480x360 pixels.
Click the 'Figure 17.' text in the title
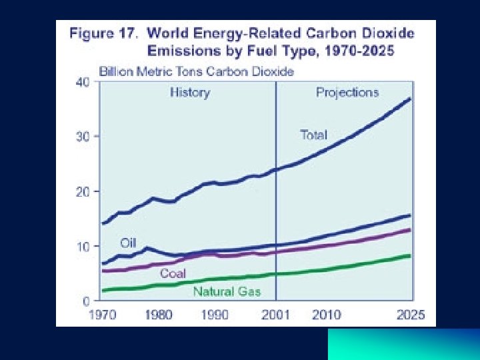[103, 33]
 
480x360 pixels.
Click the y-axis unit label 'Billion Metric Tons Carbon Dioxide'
[196, 71]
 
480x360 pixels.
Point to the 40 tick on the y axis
[82, 81]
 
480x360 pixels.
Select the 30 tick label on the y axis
[82, 137]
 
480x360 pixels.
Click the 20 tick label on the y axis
[82, 191]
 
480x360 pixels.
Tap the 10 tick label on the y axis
[82, 247]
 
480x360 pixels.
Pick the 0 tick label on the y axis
[86, 301]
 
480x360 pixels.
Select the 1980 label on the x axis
[158, 315]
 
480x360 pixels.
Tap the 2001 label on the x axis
[275, 315]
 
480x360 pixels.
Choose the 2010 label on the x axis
[326, 315]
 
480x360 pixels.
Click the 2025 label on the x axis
[409, 315]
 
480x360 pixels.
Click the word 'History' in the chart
[189, 93]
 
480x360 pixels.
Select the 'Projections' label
[347, 93]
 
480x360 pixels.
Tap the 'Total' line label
[313, 135]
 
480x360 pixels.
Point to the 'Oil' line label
[128, 243]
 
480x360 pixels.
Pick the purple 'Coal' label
[173, 273]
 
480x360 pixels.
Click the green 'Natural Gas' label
[227, 291]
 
